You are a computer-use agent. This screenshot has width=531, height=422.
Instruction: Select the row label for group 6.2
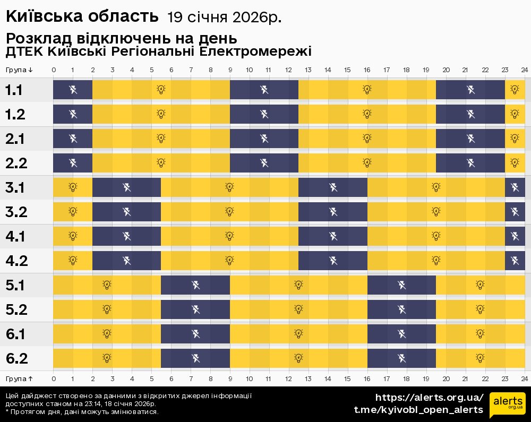point(16,359)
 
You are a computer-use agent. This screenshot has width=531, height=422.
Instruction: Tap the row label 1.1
point(14,90)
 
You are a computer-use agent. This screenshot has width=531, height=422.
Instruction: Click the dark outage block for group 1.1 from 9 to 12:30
point(264,89)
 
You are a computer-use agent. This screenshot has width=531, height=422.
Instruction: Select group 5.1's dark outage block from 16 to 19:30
point(401,285)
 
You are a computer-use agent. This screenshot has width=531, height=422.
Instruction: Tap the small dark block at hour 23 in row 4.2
point(515,260)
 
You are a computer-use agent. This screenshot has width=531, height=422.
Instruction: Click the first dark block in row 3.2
point(126,212)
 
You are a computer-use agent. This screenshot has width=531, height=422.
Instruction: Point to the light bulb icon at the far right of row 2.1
point(514,138)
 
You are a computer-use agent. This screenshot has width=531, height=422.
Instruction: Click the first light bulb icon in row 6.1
point(107,333)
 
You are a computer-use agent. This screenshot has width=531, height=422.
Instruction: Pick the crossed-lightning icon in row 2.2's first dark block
point(73,162)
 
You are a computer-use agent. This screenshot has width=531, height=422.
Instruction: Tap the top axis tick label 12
point(288,70)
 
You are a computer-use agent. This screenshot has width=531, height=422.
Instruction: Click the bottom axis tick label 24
point(524,378)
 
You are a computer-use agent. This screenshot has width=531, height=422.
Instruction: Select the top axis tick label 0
point(54,70)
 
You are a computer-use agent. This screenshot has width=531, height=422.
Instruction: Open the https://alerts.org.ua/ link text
point(430,398)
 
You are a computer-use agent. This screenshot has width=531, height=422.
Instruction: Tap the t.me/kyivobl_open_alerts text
point(418,410)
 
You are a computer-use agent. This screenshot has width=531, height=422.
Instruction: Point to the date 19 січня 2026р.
point(224,18)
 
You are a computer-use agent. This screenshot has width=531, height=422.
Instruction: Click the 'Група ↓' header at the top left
point(19,70)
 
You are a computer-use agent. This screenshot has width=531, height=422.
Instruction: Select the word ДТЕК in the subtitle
point(24,51)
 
